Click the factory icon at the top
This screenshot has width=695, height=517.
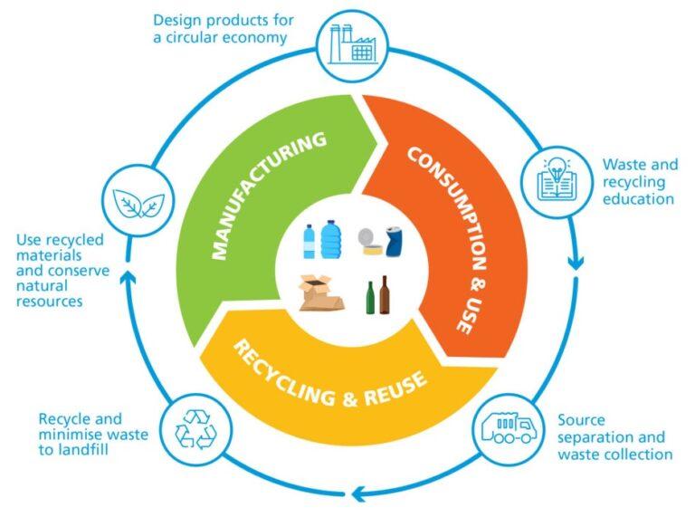tap(352, 42)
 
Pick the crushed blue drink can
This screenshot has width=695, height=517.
tap(395, 243)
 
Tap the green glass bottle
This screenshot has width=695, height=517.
tap(369, 298)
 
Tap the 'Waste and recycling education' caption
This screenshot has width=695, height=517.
tap(639, 181)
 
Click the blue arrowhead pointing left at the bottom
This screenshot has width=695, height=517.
tap(359, 493)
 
